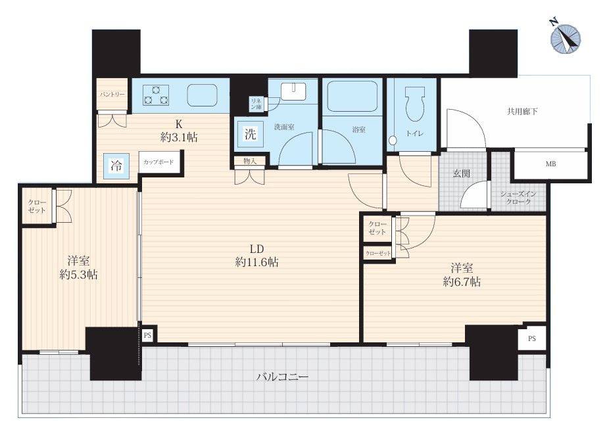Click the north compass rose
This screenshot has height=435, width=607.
[x=566, y=39]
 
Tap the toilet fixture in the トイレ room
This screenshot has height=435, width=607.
[x=414, y=104]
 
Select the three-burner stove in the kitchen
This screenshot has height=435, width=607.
[x=156, y=95]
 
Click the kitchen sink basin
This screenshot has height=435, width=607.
[x=202, y=95]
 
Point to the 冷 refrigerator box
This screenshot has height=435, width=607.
[x=116, y=166]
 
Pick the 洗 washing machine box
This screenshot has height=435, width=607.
[x=251, y=134]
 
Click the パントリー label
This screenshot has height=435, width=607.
[x=112, y=95]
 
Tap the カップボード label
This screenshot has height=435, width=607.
[x=158, y=162]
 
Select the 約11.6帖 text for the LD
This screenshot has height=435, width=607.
[x=256, y=262]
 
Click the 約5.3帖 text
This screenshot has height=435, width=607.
[x=78, y=275]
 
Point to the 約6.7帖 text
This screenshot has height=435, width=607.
[x=462, y=282]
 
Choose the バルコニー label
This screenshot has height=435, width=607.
[x=283, y=377]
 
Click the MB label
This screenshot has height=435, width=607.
[x=550, y=164]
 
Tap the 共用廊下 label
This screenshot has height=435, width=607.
[x=522, y=112]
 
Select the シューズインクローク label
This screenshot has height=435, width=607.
[x=518, y=198]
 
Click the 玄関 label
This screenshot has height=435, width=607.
[x=462, y=173]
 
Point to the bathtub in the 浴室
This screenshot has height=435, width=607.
[x=352, y=96]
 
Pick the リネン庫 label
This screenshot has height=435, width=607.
[x=256, y=104]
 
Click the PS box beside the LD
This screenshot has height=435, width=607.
[x=147, y=335]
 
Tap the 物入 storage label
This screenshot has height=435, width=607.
[x=250, y=161]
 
